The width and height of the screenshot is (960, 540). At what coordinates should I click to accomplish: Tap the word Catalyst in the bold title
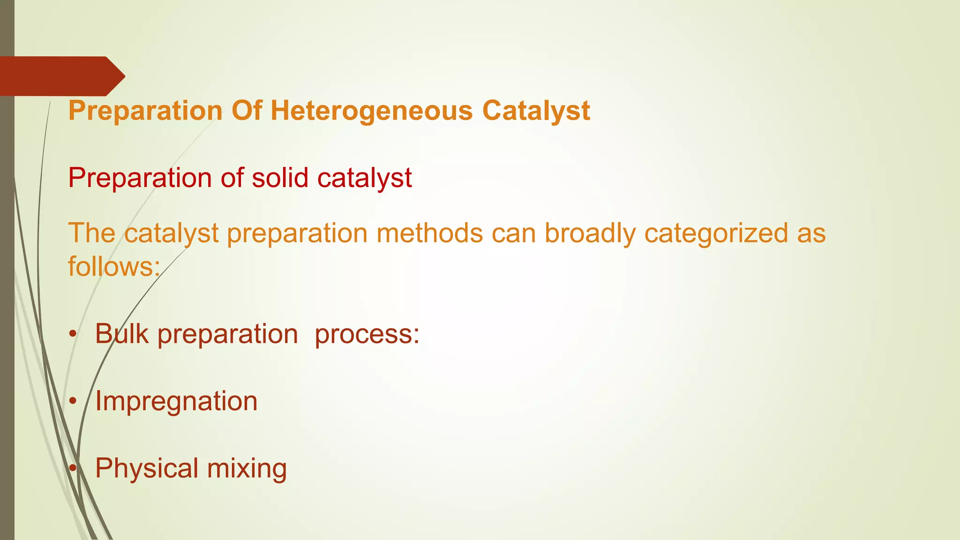(x=536, y=112)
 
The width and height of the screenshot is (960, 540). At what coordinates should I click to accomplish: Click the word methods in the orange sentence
(x=429, y=233)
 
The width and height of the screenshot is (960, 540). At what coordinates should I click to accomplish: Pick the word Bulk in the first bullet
(x=122, y=334)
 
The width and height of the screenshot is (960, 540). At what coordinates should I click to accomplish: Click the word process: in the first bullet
(x=367, y=334)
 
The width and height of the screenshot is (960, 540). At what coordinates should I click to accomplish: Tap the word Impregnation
(x=176, y=401)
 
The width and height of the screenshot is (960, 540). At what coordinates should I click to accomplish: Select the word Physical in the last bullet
(x=147, y=468)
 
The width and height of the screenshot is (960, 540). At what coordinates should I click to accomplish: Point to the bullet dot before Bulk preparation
(x=72, y=335)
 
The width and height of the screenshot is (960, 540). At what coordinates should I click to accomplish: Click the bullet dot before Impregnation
(x=72, y=402)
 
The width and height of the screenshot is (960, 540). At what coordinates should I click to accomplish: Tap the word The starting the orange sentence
(x=92, y=233)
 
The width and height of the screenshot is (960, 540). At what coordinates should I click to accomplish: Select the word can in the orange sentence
(x=513, y=233)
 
